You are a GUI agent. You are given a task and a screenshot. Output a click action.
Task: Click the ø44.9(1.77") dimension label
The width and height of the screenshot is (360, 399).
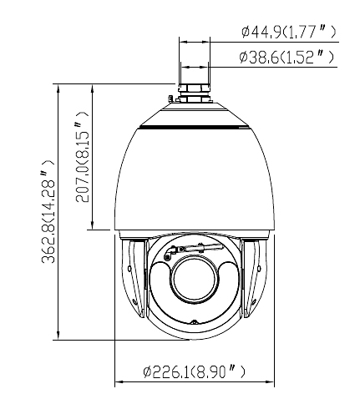tap(287, 32)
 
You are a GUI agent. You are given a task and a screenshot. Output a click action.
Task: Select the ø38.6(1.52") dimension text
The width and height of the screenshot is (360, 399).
tap(287, 58)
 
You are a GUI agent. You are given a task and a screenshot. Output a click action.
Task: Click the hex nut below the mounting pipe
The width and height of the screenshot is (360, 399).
tap(194, 90)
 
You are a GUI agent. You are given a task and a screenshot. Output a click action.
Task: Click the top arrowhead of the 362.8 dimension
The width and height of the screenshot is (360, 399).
tap(58, 88)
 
